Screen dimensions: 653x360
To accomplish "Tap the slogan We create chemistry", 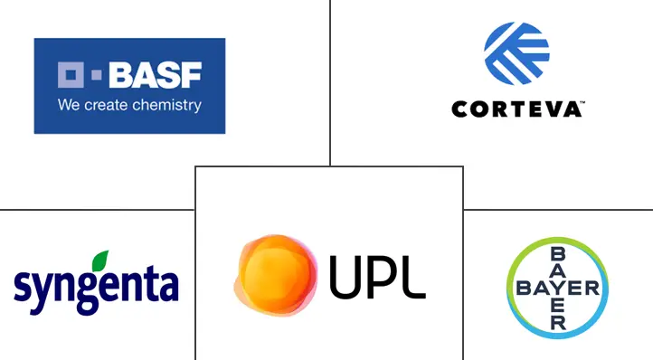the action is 129,105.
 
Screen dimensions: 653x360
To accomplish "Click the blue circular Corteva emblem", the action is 516,52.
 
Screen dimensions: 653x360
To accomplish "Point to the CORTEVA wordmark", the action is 516,109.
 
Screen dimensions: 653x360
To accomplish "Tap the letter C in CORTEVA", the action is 459,109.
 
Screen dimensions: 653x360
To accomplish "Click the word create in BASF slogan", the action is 103,105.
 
